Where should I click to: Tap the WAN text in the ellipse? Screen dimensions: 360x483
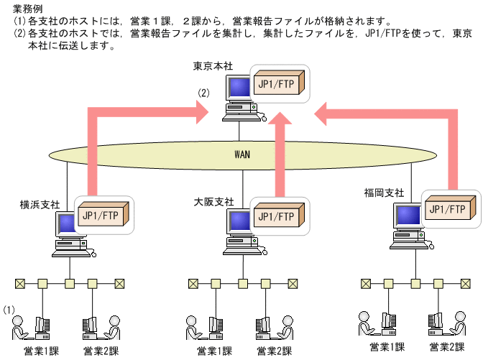pyautogui.click(x=242, y=154)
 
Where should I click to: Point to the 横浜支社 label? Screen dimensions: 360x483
pyautogui.click(x=40, y=204)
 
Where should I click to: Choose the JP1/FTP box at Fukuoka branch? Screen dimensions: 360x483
pyautogui.click(x=449, y=209)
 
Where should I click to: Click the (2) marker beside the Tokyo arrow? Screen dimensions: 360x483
pyautogui.click(x=204, y=93)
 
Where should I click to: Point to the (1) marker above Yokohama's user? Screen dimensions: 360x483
pyautogui.click(x=9, y=310)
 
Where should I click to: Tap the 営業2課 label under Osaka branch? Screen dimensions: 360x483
pyautogui.click(x=274, y=351)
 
